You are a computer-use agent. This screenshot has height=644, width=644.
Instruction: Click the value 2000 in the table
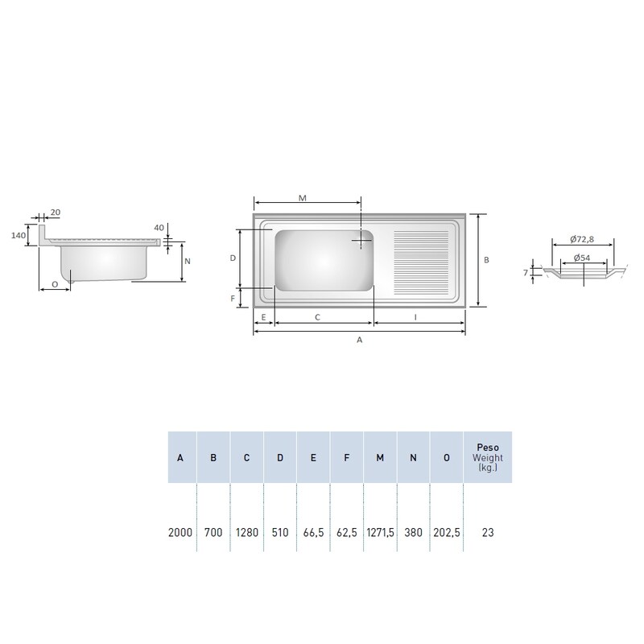tap(180, 533)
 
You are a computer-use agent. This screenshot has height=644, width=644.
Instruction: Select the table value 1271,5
tap(380, 533)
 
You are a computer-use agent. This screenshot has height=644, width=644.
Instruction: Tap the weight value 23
tap(488, 533)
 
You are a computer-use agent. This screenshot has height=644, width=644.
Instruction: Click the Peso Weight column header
tap(488, 457)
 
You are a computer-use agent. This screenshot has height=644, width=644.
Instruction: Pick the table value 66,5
tap(313, 533)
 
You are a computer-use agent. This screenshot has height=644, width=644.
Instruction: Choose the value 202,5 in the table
tap(447, 533)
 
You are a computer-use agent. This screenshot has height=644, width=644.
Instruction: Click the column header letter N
tap(413, 457)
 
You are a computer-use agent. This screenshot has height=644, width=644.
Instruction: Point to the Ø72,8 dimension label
tap(582, 239)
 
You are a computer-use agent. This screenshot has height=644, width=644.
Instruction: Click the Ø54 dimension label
tap(582, 258)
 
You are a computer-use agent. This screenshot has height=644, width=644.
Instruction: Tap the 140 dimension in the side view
tap(18, 235)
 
